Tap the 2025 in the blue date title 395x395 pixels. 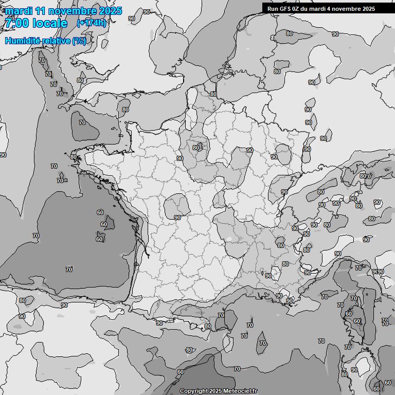tap(110, 11)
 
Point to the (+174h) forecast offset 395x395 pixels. tap(92, 23)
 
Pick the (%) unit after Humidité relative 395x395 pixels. tap(79, 41)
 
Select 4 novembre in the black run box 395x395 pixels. tap(350, 9)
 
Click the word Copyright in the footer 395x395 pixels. tap(193, 391)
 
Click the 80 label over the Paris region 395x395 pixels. tap(195, 148)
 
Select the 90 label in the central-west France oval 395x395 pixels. tap(177, 218)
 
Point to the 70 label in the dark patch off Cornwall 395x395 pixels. tap(82, 122)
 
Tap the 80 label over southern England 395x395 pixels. tap(125, 110)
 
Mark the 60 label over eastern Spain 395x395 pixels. tap(180, 372)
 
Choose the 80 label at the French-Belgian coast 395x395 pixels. tap(213, 95)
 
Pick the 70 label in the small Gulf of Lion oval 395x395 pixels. tap(262, 343)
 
